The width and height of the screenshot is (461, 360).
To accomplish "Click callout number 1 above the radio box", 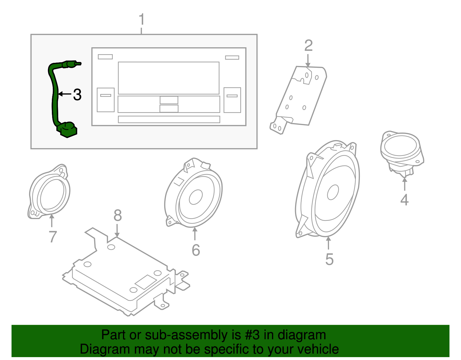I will click(141, 20).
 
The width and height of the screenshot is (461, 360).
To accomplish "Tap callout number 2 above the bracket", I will click(308, 46).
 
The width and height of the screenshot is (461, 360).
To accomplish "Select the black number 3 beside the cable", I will click(77, 95).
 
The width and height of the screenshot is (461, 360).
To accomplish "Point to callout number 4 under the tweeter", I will click(404, 200).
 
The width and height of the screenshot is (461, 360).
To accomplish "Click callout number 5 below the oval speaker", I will click(329, 259).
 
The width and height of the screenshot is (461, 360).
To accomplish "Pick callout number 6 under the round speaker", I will click(196, 250).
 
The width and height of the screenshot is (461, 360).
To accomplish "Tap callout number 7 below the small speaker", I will click(52, 237).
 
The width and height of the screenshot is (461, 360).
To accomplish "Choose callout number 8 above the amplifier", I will click(118, 215).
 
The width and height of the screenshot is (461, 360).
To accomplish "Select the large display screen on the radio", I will click(169, 78).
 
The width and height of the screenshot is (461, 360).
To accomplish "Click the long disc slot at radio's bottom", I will click(169, 119).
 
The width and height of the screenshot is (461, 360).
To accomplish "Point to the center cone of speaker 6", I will click(196, 197).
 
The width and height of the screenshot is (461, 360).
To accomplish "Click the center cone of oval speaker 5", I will click(333, 192).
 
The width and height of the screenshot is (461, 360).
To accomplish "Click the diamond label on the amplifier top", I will click(146, 282).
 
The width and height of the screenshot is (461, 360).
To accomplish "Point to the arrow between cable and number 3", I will click(65, 94).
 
